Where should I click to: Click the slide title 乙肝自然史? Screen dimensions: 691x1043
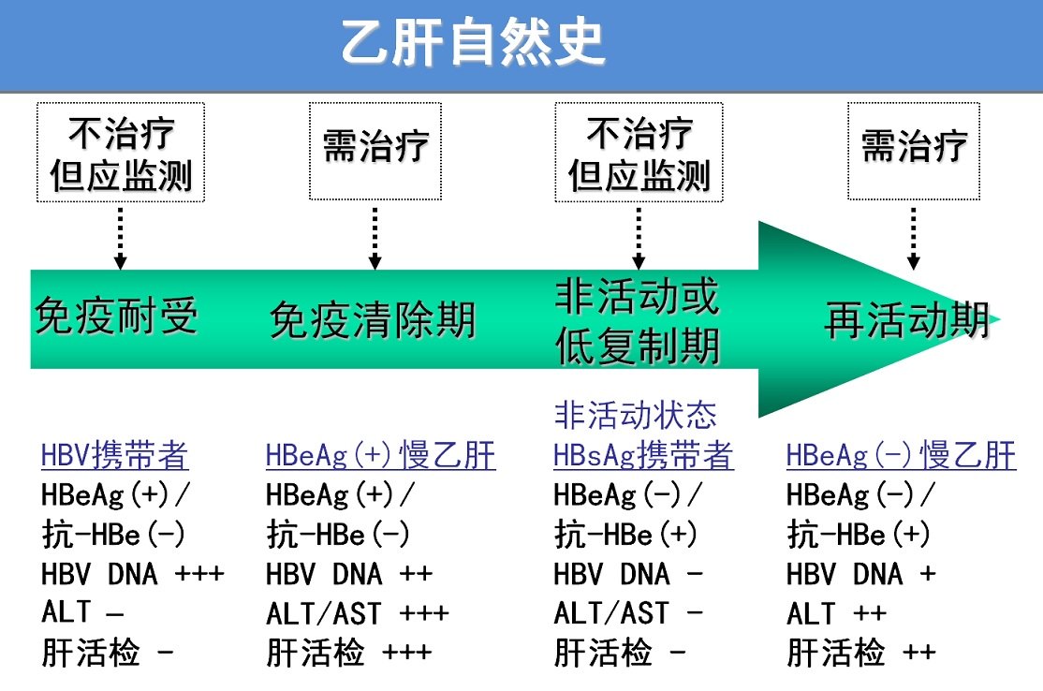pyautogui.click(x=474, y=44)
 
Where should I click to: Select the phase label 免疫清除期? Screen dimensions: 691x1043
pyautogui.click(x=373, y=320)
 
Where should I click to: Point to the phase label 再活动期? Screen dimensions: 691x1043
pyautogui.click(x=906, y=320)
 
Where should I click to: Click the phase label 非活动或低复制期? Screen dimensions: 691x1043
pyautogui.click(x=638, y=322)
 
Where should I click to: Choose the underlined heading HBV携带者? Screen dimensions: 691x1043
pyautogui.click(x=115, y=456)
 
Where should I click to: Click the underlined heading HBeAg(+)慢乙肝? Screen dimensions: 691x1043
pyautogui.click(x=380, y=456)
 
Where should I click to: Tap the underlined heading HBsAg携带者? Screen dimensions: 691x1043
pyautogui.click(x=643, y=456)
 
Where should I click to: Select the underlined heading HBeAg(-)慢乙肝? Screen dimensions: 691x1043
pyautogui.click(x=901, y=456)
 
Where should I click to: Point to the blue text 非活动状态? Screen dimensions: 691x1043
pyautogui.click(x=636, y=414)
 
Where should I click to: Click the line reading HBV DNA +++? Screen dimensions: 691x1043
pyautogui.click(x=133, y=573)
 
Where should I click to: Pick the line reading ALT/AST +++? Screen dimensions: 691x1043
pyautogui.click(x=357, y=613)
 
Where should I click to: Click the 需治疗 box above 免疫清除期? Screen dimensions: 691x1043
pyautogui.click(x=375, y=150)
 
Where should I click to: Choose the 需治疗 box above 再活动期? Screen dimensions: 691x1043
pyautogui.click(x=914, y=150)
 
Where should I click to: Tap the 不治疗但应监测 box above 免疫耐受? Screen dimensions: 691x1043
pyautogui.click(x=121, y=152)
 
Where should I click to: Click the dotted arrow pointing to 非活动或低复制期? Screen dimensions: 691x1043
pyautogui.click(x=639, y=238)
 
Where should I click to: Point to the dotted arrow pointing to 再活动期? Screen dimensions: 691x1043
pyautogui.click(x=914, y=238)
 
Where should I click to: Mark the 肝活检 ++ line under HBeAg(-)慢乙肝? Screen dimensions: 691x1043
pyautogui.click(x=860, y=653)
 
